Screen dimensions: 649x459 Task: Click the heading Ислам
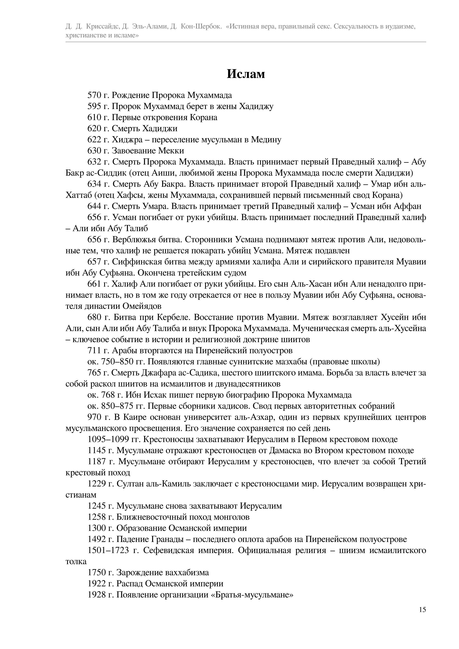[246, 74]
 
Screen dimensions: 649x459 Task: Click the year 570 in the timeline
[94, 95]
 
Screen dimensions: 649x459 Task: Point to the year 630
[94, 151]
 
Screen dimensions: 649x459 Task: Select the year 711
[94, 351]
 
